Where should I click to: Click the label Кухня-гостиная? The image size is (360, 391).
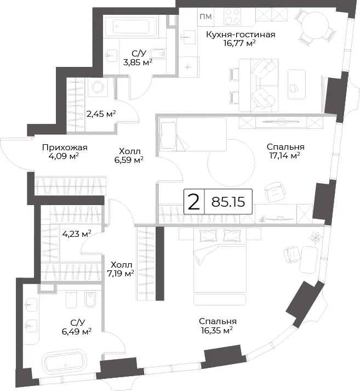coord(241,35)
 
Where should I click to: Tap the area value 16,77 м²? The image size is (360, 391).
coord(239,43)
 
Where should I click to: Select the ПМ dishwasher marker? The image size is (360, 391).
coord(206,16)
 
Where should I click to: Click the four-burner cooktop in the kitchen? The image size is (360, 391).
coord(232,16)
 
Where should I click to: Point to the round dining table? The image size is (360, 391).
coord(315,25)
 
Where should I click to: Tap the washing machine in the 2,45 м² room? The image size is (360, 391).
coord(98,87)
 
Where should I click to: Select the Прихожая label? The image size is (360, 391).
coord(65,148)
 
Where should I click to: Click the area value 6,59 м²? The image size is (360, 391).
coord(129,160)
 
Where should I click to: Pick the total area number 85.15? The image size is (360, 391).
coord(228,202)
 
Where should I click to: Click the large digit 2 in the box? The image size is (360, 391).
coord(194,202)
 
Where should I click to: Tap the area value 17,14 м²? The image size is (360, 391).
coord(284,156)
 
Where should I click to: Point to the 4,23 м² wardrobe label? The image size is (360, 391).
coord(77,234)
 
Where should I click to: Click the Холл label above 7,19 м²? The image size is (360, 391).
coord(121,264)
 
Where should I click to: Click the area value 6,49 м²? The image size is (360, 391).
coord(77,332)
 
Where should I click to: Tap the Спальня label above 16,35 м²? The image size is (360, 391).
coord(218,321)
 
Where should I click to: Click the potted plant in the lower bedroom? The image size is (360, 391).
coord(315,237)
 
